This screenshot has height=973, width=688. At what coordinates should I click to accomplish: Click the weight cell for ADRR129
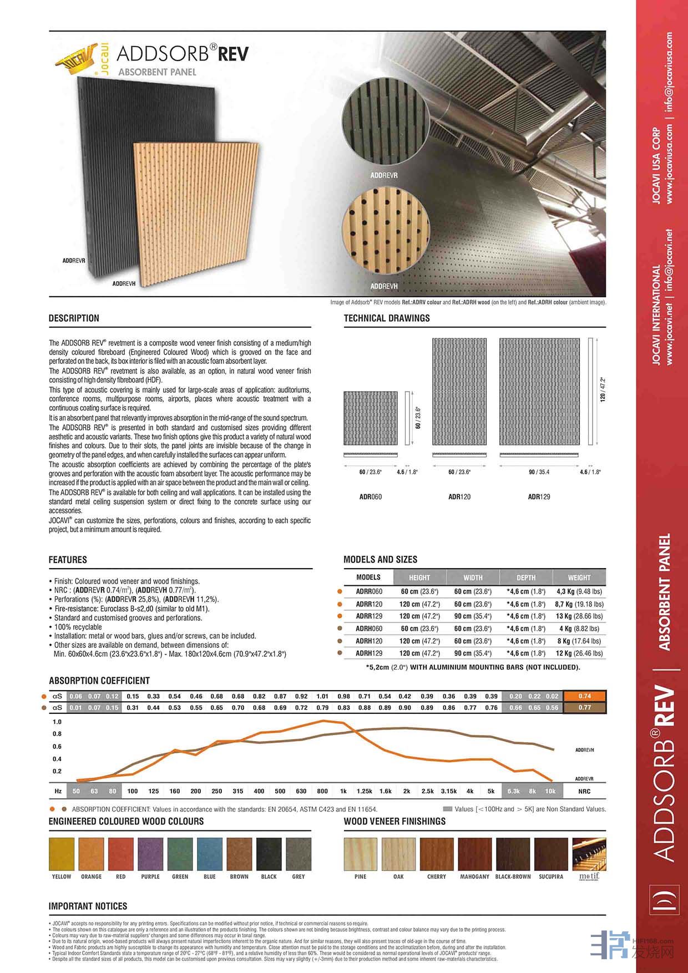click(579, 616)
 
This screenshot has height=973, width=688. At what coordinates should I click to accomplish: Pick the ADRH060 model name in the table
click(369, 629)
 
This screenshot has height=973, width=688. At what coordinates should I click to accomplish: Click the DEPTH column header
click(526, 577)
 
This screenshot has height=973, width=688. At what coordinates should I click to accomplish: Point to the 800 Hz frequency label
click(322, 791)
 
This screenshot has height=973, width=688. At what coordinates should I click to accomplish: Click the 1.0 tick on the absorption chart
click(57, 722)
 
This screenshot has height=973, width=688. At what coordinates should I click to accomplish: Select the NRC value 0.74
click(584, 696)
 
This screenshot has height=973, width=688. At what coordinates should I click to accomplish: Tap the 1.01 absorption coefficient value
click(322, 696)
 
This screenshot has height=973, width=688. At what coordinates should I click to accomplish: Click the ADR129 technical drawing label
click(539, 497)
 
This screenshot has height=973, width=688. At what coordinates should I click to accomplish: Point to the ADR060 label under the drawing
click(370, 497)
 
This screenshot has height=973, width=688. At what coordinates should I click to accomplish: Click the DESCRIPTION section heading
click(74, 318)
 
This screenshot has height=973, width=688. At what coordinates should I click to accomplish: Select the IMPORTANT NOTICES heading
click(88, 906)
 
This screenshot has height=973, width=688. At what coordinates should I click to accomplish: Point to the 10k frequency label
click(550, 791)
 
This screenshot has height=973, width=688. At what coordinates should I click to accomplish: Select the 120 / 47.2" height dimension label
click(603, 389)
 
